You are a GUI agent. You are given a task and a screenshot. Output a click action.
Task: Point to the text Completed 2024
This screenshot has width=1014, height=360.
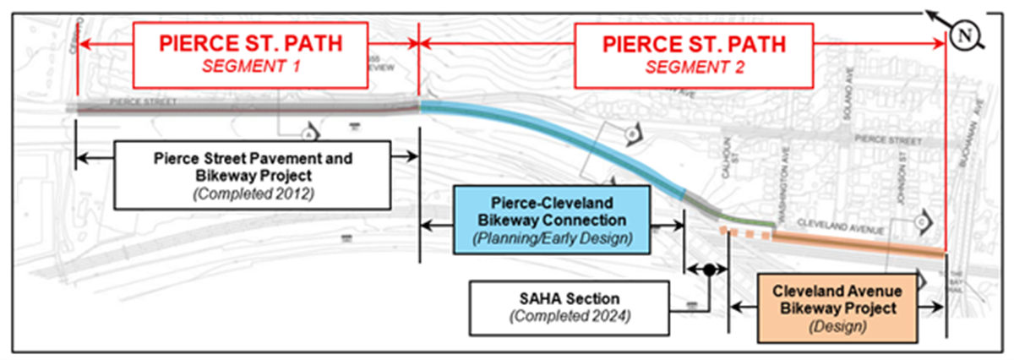pyautogui.click(x=572, y=316)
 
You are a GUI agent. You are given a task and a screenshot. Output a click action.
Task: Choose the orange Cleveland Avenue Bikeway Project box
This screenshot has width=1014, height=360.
pyautogui.click(x=834, y=308)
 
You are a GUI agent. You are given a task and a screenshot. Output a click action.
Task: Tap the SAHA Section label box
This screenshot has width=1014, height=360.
pyautogui.click(x=571, y=307)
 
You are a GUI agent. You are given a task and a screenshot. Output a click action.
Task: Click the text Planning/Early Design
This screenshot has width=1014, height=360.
pyautogui.click(x=551, y=238)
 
